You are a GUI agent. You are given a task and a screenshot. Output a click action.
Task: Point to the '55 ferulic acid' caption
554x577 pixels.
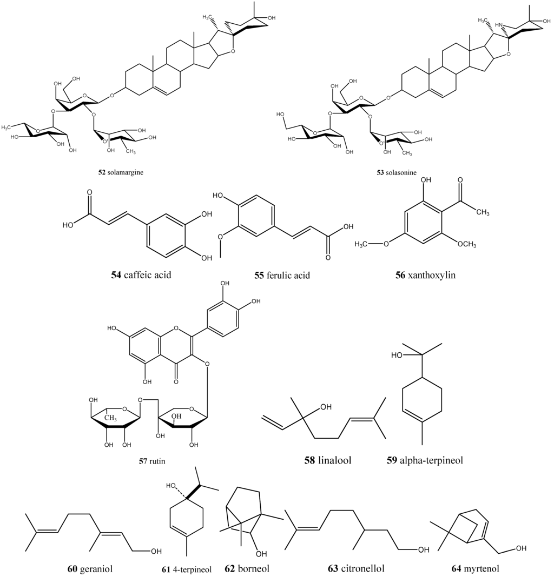pyautogui.click(x=282, y=275)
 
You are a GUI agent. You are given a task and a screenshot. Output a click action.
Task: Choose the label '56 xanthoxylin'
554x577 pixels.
pyautogui.click(x=426, y=275)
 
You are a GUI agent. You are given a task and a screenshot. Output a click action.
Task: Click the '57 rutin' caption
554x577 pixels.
pyautogui.click(x=152, y=461)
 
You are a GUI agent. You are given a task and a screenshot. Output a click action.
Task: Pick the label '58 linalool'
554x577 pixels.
pyautogui.click(x=328, y=460)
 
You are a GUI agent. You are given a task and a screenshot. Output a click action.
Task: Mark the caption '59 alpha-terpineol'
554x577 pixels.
pyautogui.click(x=425, y=460)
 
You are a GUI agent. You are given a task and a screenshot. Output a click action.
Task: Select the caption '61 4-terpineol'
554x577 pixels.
pyautogui.click(x=186, y=568)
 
